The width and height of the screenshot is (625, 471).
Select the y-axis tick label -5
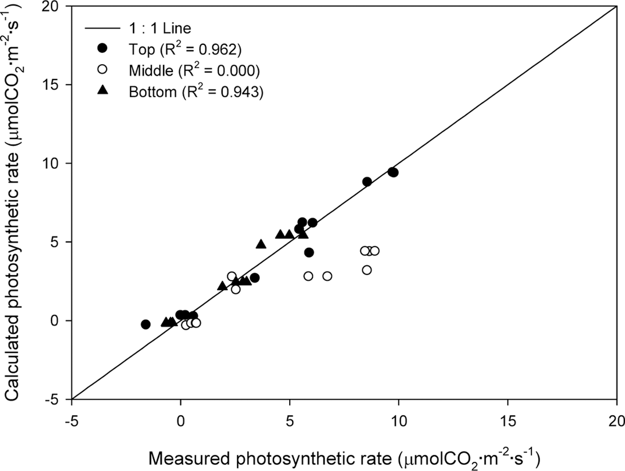pos(57,399)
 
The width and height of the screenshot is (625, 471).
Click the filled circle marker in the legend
pos(102,48)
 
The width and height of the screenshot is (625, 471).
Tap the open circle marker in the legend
pos(102,70)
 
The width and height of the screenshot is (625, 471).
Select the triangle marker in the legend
pos(102,90)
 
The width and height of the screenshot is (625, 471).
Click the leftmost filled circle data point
pos(145,324)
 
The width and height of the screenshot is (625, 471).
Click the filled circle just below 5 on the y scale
pos(309,252)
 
